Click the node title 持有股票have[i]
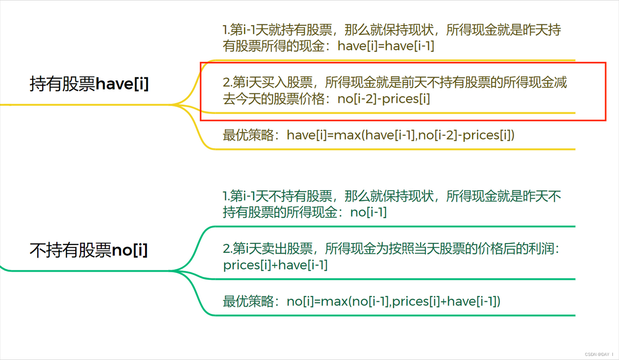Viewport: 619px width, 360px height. [x=89, y=84]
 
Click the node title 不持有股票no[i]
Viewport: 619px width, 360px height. [x=89, y=250]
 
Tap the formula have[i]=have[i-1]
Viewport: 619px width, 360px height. [x=386, y=46]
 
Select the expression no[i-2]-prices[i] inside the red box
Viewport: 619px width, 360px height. [x=384, y=99]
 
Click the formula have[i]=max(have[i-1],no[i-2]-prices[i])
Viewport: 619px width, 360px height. [x=401, y=135]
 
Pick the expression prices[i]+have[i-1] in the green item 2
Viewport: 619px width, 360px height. [x=275, y=265]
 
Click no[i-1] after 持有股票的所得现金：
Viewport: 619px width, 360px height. [x=369, y=212]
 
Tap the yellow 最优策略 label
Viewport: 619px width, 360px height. [x=248, y=135]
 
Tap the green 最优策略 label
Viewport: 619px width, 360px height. [x=248, y=301]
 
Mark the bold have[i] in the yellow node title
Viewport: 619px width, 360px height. [x=122, y=84]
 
